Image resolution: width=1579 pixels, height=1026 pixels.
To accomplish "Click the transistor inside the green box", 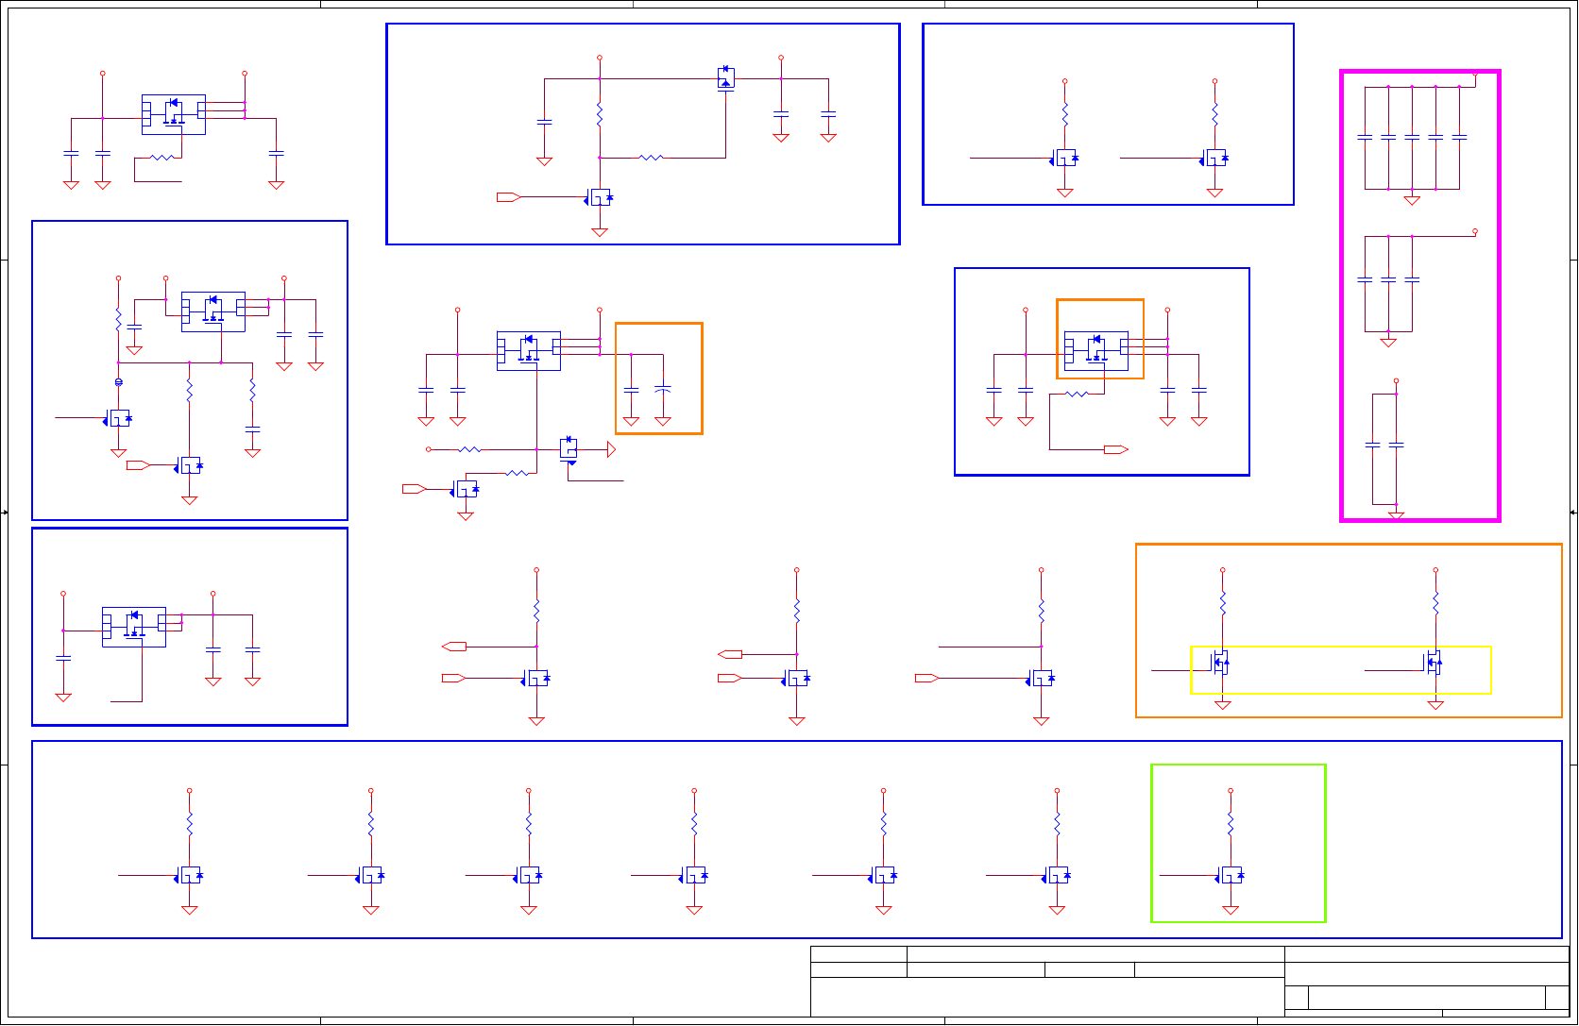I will (x=1231, y=875).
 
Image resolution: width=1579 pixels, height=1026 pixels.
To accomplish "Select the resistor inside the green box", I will (x=1231, y=825).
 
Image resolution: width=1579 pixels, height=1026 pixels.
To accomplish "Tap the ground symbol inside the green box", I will (x=1231, y=911).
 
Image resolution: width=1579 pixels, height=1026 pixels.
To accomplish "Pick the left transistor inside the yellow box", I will (x=1220, y=664).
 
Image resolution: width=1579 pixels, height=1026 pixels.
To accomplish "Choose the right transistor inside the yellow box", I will (x=1434, y=664).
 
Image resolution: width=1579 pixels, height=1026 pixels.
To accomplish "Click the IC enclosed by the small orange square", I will (x=1096, y=350).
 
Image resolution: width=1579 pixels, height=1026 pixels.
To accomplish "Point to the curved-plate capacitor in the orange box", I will (x=663, y=388).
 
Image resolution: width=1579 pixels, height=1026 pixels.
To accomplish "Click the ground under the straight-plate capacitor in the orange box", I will (x=631, y=422).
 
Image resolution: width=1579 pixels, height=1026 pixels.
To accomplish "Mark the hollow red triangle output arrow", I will (x=611, y=450).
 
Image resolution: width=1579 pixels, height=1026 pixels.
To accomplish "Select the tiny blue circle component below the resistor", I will (x=118, y=382).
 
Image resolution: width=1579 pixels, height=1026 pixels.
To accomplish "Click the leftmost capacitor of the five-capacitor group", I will (x=1365, y=137).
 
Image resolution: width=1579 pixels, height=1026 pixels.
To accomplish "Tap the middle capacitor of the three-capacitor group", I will (x=1388, y=279).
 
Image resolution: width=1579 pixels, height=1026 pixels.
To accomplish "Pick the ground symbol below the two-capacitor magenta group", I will (x=1396, y=516).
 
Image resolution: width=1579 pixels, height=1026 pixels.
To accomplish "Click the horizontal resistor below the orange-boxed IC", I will (x=1077, y=394).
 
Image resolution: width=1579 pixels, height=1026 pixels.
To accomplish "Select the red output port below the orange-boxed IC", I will (x=1116, y=449).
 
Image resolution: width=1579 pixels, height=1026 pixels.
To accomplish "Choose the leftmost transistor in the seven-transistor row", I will (x=190, y=875).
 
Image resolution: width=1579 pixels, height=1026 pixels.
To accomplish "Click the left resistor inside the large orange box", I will (x=1223, y=603).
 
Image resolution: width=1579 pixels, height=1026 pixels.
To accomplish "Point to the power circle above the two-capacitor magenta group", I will (x=1396, y=380).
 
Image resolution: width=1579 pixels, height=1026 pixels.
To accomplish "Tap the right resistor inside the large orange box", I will (x=1435, y=603).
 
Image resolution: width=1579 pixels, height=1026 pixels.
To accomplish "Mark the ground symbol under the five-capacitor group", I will (x=1412, y=200).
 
